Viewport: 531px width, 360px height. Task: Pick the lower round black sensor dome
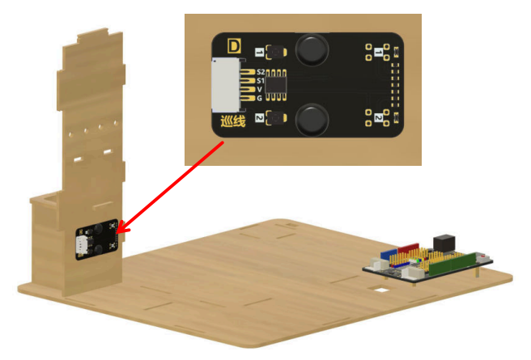(x=312, y=121)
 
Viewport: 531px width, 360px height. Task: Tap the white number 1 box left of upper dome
(x=260, y=53)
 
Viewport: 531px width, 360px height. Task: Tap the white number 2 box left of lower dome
(x=260, y=119)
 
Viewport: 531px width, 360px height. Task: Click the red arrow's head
(x=123, y=228)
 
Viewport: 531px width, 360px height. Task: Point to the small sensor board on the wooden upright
(x=97, y=240)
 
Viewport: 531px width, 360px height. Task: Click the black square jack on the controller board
(x=445, y=241)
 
